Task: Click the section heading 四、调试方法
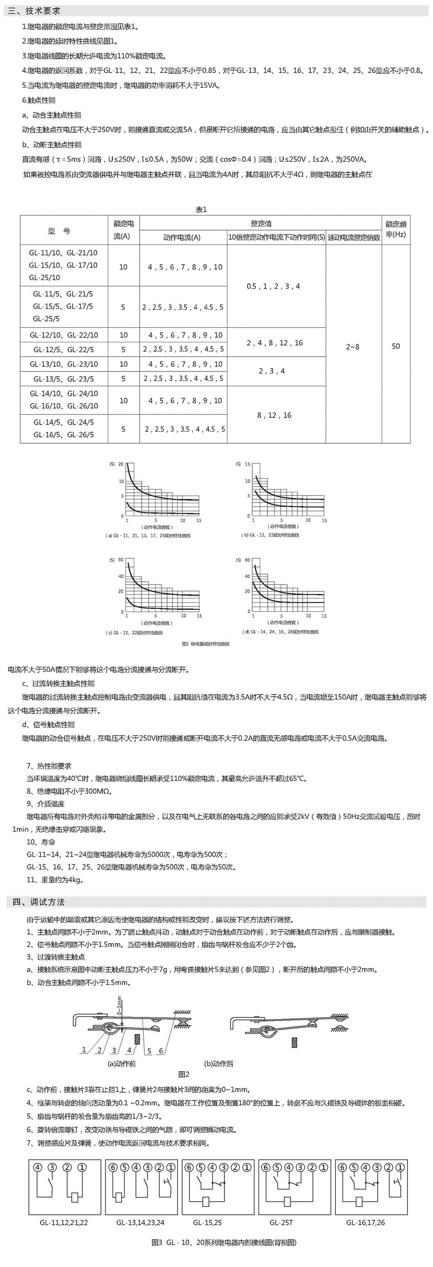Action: click(x=39, y=902)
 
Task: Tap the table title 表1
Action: click(x=201, y=209)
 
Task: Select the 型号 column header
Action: click(x=59, y=231)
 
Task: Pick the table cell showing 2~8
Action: click(x=352, y=347)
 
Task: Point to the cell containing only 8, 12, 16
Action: click(x=274, y=415)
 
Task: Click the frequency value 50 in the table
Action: click(x=396, y=346)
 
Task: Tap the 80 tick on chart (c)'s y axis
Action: click(x=121, y=560)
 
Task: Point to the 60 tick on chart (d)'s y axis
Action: click(x=247, y=560)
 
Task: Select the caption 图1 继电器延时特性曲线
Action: click(x=205, y=644)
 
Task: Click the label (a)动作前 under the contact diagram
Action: click(x=122, y=1064)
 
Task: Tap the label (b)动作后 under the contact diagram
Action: click(x=219, y=1064)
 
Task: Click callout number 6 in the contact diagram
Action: click(x=161, y=1051)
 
